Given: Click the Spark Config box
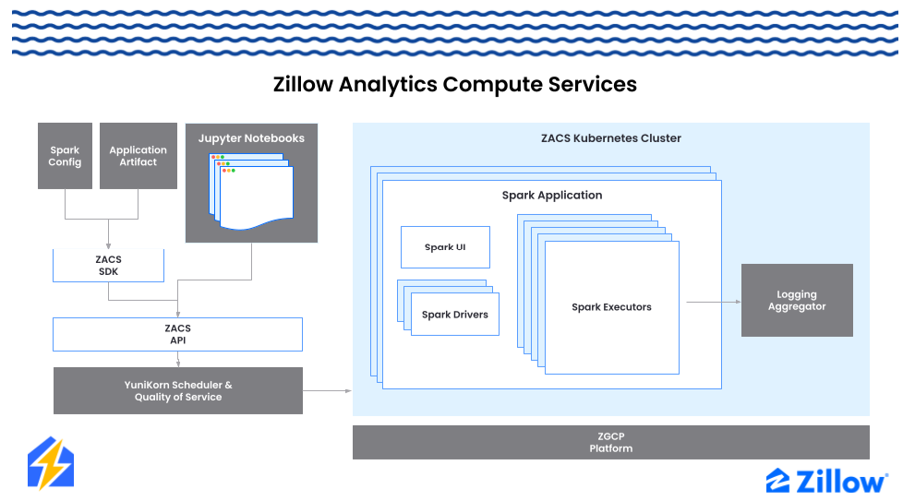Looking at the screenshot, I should (65, 156).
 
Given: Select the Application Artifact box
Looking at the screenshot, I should (138, 156).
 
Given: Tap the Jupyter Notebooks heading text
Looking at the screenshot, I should (251, 138).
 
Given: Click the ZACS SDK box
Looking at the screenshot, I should (108, 266).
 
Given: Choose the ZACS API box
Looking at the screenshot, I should (177, 334).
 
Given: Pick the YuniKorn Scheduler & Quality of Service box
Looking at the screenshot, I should (177, 390).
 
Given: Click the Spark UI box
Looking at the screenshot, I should (445, 247).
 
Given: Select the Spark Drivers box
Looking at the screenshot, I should (454, 315).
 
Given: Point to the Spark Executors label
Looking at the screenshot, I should (611, 307).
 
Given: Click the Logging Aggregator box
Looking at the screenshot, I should (796, 301).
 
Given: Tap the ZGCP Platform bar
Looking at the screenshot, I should (610, 442).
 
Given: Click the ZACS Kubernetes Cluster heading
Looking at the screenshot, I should (610, 138).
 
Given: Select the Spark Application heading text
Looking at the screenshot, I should (551, 196).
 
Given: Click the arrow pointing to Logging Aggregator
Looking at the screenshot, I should (711, 301).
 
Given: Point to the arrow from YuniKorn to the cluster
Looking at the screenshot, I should (327, 390).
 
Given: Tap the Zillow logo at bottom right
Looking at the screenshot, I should (826, 480).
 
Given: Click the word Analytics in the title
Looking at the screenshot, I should (388, 84).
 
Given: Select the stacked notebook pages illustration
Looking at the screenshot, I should (251, 193).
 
